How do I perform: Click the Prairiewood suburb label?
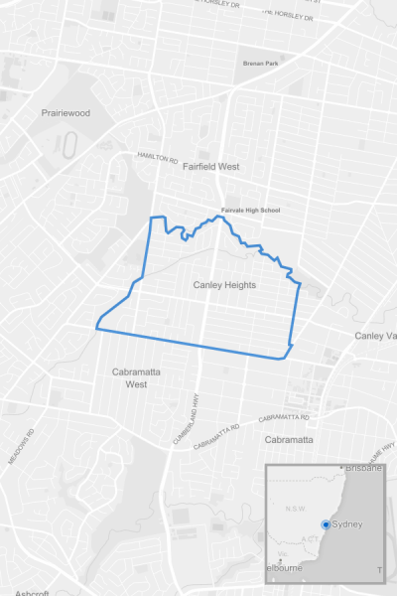(x=66, y=113)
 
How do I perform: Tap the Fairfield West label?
(x=211, y=167)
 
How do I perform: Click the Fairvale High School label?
(x=251, y=210)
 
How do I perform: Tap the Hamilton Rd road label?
(x=157, y=158)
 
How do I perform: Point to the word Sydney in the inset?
(x=347, y=523)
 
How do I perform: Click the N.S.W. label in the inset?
(x=295, y=510)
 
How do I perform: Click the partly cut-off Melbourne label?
(x=285, y=567)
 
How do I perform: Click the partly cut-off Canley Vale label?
(x=376, y=336)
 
